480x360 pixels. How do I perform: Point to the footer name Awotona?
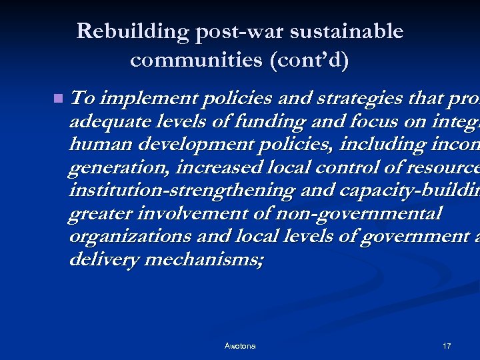click(x=240, y=346)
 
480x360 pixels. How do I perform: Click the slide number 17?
click(x=447, y=346)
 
